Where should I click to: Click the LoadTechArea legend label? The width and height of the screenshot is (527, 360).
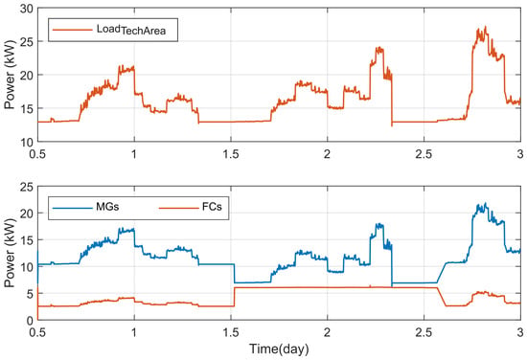tap(131, 30)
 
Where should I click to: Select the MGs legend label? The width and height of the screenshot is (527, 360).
tap(107, 207)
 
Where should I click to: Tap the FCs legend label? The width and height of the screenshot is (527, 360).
tap(212, 207)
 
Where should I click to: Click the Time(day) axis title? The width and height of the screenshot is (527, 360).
tap(279, 349)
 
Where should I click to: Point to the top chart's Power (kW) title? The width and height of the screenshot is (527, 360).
tap(10, 75)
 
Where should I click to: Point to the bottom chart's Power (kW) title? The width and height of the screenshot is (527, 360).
tap(10, 253)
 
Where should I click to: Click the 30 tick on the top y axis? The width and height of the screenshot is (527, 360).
tap(27, 9)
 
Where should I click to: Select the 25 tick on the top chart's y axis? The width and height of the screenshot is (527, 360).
tap(27, 41)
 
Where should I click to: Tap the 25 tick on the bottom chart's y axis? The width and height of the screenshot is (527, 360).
tap(27, 187)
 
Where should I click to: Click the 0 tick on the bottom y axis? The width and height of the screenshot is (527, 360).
tap(31, 321)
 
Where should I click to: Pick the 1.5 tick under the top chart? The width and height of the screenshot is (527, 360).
tap(231, 154)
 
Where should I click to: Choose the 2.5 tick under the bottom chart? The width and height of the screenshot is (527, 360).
tap(424, 332)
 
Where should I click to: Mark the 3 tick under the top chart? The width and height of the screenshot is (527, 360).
tap(520, 154)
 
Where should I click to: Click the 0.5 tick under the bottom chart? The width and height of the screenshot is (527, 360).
tap(37, 332)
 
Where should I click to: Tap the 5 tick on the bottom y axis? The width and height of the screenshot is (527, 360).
tap(31, 294)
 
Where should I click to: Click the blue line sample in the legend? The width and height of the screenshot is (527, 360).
tap(72, 208)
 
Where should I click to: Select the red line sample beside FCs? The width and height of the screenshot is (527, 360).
tap(179, 208)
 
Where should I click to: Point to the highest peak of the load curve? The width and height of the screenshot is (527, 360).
tap(485, 27)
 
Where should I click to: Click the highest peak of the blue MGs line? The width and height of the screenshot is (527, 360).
tap(486, 204)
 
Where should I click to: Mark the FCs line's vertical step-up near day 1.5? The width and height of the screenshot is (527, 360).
tap(234, 297)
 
